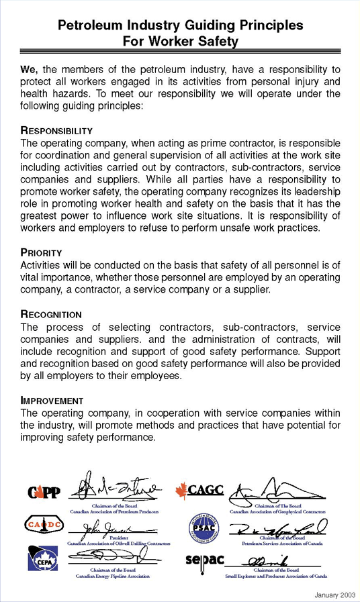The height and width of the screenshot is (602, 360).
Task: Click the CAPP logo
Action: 43,493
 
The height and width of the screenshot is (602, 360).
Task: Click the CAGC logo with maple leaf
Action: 199,490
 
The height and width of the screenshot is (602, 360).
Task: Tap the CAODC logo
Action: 44,524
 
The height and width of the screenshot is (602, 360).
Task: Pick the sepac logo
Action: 204,559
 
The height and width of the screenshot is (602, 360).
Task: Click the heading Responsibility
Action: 56,130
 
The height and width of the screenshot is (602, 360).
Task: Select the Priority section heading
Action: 41,253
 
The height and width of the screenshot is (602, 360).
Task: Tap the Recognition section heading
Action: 51,314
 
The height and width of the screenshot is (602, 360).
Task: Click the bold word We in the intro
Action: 29,68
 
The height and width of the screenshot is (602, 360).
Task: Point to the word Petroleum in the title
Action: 90,26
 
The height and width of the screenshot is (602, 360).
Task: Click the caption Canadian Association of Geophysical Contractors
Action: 277,511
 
